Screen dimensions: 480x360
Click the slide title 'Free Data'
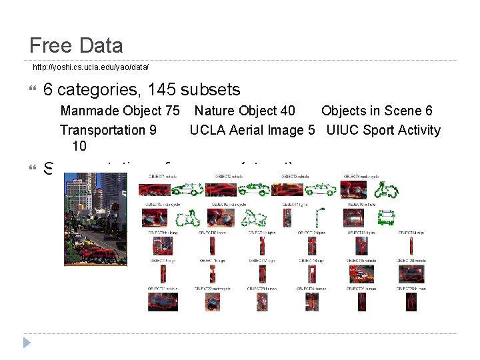(76, 45)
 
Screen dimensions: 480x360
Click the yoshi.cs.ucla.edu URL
(91, 67)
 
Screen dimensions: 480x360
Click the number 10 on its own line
(79, 145)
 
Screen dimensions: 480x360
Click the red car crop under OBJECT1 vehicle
(151, 190)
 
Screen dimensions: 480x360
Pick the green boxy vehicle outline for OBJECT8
(386, 218)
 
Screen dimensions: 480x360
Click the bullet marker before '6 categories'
(35, 89)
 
